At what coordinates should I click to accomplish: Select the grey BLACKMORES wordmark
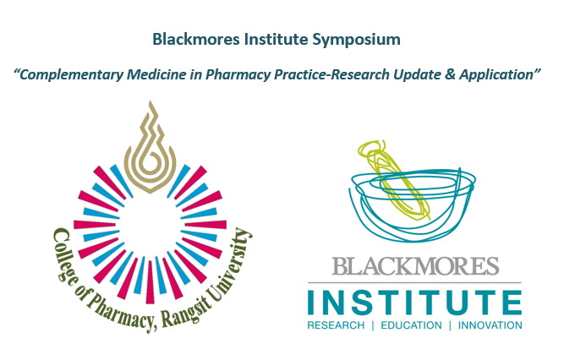pyautogui.click(x=414, y=266)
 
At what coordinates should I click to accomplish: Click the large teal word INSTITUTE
pyautogui.click(x=414, y=302)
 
